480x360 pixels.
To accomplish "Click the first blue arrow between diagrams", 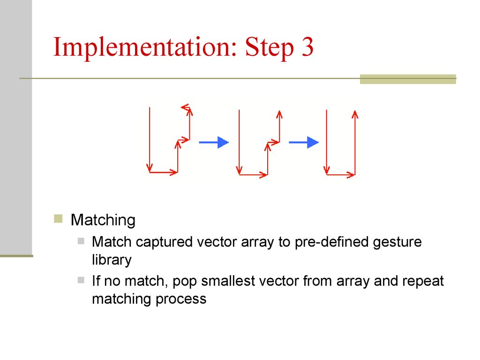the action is pos(214,142).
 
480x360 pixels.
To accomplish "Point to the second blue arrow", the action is pos(304,142).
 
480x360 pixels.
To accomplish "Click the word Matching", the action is pos(103,220).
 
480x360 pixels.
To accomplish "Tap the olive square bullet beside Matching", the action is pos(58,218).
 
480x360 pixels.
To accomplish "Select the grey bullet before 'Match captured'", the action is pos(81,241).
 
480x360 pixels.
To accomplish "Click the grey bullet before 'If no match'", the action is pos(81,280).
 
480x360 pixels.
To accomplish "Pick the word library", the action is pos(112,260).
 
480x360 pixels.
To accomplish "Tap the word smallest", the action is pos(228,281).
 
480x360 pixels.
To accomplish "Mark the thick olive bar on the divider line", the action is pos(408,79).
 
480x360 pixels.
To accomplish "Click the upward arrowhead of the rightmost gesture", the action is pos(355,114).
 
